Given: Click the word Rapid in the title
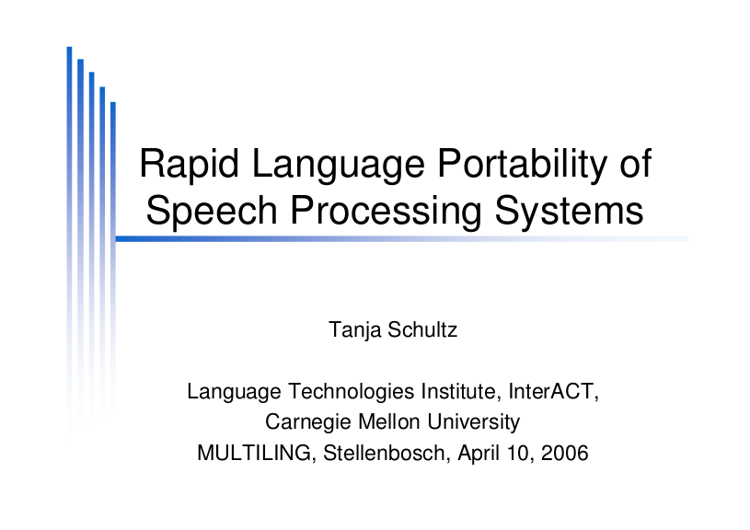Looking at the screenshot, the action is tap(189, 164).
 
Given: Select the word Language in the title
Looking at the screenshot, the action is tap(338, 165).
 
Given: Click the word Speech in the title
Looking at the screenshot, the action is tap(212, 212).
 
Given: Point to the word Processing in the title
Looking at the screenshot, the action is tap(386, 212).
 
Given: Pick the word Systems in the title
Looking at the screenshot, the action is tap(569, 211).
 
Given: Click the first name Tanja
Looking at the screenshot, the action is tap(354, 330).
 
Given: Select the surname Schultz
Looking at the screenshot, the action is tap(422, 329).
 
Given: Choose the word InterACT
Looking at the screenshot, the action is tap(553, 392).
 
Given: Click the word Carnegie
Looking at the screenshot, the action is tap(308, 423).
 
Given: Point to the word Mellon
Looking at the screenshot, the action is tap(389, 422).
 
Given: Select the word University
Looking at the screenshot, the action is tap(474, 423).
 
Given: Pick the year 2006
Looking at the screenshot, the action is tap(564, 453).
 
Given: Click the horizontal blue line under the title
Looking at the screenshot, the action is tap(402, 238).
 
